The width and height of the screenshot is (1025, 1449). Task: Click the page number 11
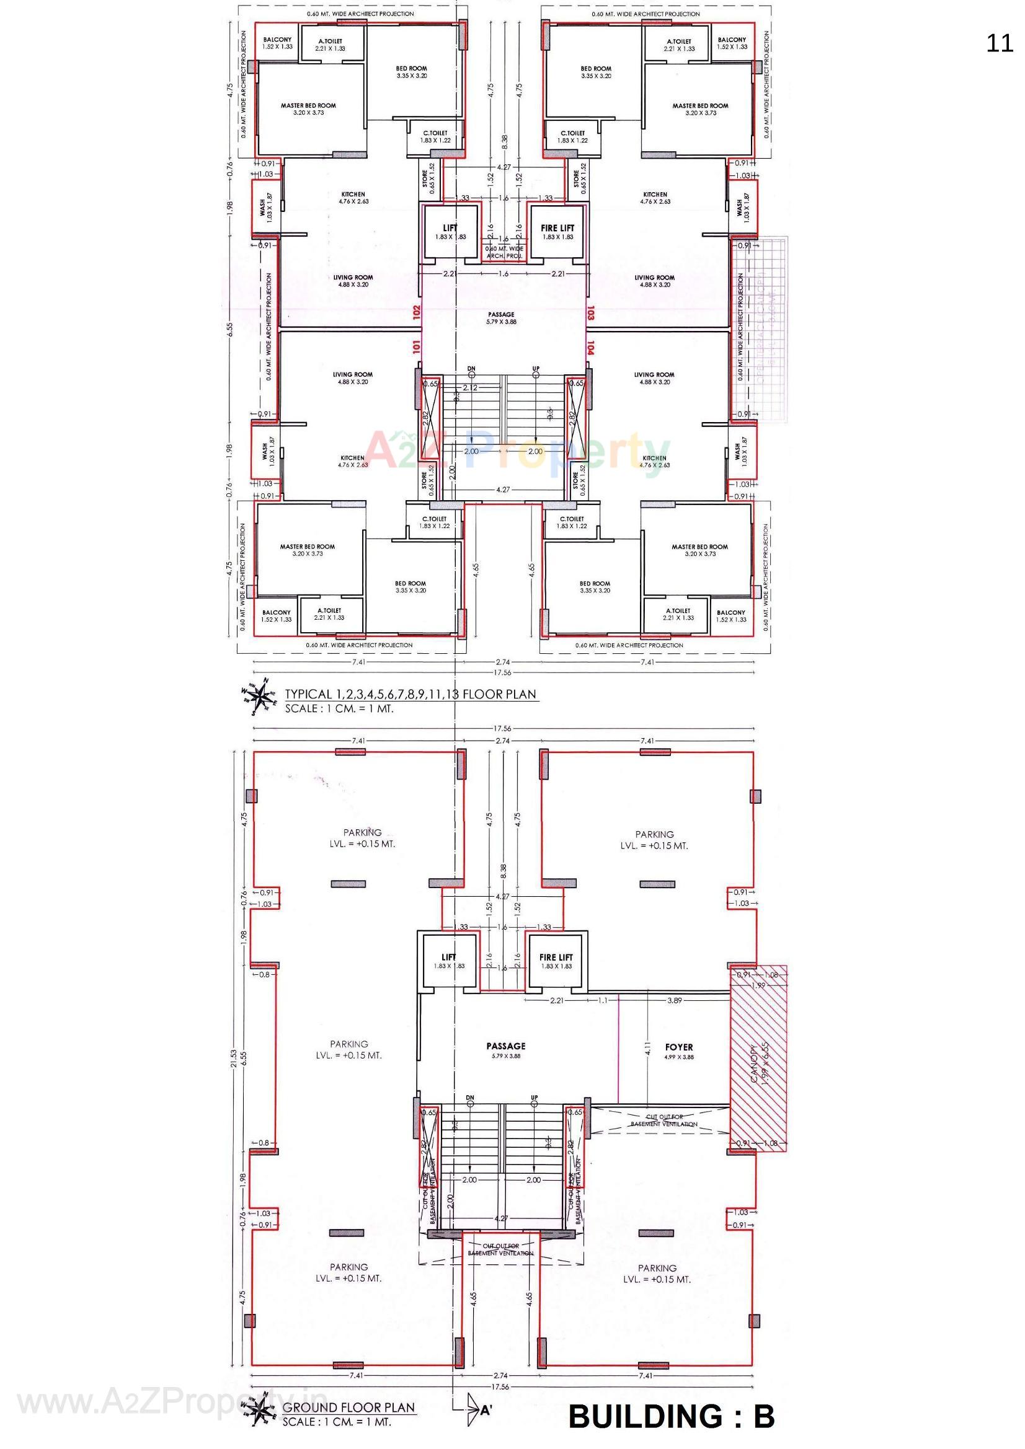999,43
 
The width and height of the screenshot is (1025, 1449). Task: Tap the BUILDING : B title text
672,1416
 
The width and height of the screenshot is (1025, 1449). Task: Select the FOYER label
679,1047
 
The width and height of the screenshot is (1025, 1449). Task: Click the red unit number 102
416,313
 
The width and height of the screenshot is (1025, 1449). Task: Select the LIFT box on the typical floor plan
450,232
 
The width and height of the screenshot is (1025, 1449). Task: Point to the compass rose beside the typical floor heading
260,696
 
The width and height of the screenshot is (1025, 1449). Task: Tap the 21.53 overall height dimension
234,1064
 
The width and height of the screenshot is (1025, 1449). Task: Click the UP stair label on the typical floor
536,368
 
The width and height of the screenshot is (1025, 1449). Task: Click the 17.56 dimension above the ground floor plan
503,729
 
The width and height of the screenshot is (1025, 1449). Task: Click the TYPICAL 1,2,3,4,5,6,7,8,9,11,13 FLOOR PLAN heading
410,694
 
